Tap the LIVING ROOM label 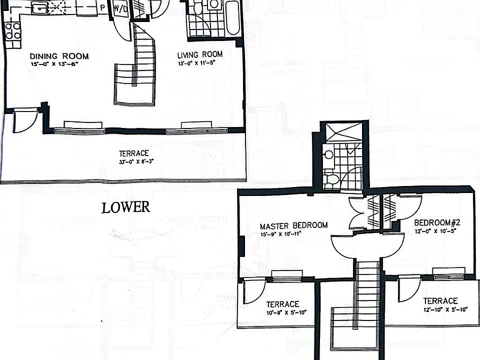tap(200, 54)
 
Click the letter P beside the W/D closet tap(102, 8)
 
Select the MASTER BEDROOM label tap(293, 225)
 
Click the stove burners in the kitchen tap(12, 30)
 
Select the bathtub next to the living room tap(232, 19)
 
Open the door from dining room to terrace tap(25, 120)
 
